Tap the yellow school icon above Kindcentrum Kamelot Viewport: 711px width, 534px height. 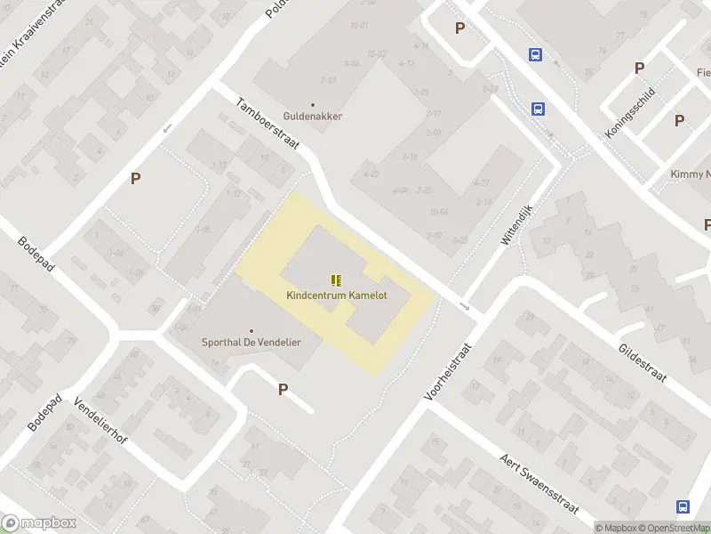coord(336,279)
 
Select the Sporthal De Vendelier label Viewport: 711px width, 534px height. coord(251,343)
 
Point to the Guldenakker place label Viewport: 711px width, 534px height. coord(312,116)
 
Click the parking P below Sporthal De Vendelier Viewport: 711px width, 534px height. coord(284,389)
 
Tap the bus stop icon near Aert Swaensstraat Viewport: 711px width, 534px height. coord(683,506)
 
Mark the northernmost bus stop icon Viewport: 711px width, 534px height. coord(535,54)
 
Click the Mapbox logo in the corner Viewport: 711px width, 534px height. coord(38,523)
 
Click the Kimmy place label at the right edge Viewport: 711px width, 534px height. coord(691,174)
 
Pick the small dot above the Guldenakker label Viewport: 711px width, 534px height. coord(312,104)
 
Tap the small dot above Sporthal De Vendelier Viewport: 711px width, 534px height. coord(251,330)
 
